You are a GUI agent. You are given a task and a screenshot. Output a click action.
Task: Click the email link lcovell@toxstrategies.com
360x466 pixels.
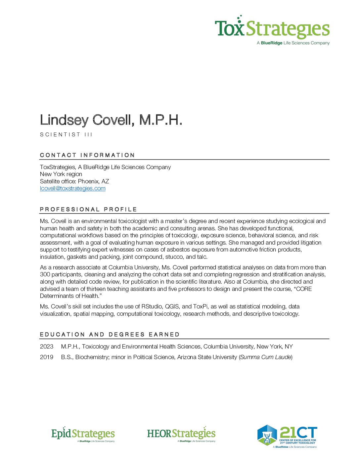(72, 188)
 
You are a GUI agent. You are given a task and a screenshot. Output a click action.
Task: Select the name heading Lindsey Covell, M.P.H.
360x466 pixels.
(111, 120)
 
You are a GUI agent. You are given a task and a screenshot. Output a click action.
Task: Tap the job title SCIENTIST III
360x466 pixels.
(66, 134)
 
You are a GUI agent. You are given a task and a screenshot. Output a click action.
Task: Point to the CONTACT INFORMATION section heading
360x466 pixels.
(87, 155)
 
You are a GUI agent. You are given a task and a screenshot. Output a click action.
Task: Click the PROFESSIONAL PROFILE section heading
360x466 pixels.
(88, 209)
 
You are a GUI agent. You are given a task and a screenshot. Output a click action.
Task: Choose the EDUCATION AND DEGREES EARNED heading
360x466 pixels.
(110, 334)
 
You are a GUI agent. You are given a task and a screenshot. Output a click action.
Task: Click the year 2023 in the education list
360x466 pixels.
(46, 347)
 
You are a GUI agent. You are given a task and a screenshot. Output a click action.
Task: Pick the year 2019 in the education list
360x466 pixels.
(46, 357)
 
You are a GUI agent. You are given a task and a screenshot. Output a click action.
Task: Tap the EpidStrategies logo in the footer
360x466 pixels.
(83, 434)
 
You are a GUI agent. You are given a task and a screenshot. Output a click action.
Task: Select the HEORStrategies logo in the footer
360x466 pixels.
(181, 434)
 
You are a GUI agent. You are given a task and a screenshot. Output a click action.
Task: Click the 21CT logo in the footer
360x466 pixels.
(287, 436)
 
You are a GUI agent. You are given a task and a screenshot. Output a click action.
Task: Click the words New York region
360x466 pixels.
(61, 174)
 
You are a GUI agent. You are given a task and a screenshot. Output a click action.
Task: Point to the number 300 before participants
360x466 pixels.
(45, 274)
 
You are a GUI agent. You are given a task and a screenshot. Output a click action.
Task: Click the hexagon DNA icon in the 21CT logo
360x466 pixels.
(267, 435)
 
